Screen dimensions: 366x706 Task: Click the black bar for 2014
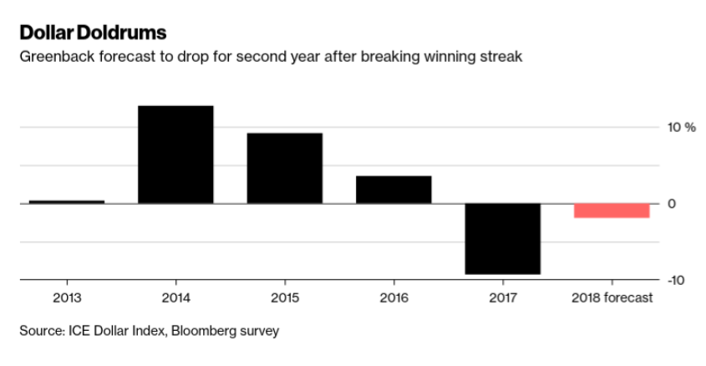coord(175,155)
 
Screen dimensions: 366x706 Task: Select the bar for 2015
coord(284,168)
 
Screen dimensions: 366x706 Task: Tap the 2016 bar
coord(394,190)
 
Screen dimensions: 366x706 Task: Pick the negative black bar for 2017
coord(502,239)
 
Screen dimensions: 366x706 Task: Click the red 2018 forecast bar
coord(612,211)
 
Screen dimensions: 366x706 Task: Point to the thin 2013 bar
coord(66,201)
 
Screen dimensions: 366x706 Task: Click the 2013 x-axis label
coord(66,297)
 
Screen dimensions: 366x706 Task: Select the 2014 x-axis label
coord(175,297)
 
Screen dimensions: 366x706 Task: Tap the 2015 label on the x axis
coord(284,297)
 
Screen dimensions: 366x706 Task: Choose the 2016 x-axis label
coord(394,297)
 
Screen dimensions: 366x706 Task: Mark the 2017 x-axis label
coord(502,297)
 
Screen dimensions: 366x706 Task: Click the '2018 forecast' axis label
coord(612,297)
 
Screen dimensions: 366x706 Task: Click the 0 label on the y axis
coord(670,204)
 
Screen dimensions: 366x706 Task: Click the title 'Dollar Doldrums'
coord(93,33)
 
